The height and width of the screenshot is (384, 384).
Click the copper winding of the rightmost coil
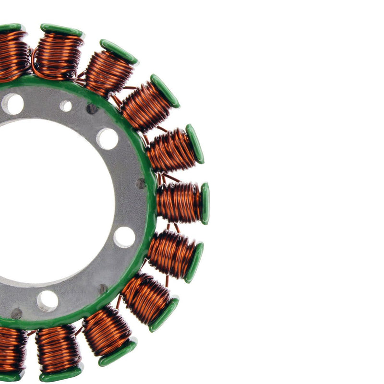click(179, 202)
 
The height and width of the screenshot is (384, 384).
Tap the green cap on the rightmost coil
click(205, 204)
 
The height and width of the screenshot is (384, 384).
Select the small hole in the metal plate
click(66, 106)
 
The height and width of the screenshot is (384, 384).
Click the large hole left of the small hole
click(12, 103)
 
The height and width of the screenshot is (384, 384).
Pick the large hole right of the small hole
click(108, 139)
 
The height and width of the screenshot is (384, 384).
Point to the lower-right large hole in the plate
click(124, 237)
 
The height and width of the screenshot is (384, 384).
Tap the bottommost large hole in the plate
click(48, 301)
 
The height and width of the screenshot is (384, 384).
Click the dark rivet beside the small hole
click(92, 109)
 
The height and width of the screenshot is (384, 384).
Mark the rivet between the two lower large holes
click(102, 288)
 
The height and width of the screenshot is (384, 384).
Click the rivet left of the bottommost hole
click(16, 313)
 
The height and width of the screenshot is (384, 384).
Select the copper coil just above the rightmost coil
click(171, 150)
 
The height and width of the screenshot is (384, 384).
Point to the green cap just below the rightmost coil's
click(194, 262)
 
